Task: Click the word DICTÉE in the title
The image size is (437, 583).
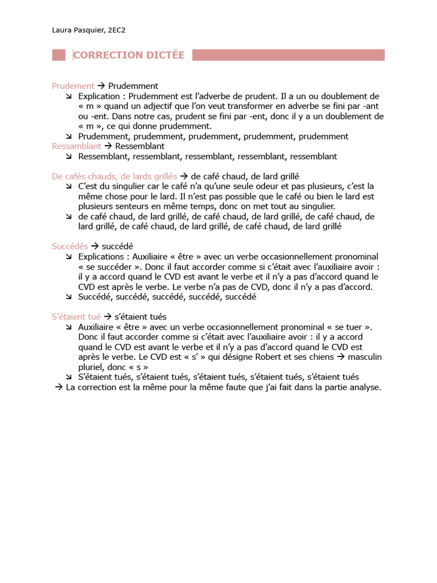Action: tap(164, 55)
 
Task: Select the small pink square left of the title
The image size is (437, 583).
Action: tap(59, 55)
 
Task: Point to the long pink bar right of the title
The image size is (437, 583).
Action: tap(288, 55)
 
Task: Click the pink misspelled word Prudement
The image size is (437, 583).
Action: tap(73, 86)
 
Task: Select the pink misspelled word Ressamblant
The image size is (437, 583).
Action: tap(76, 146)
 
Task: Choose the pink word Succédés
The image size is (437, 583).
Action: tap(70, 247)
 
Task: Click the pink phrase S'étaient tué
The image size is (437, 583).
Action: tap(76, 317)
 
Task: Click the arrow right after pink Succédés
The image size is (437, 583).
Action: tap(95, 247)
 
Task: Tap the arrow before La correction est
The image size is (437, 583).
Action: tap(59, 387)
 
